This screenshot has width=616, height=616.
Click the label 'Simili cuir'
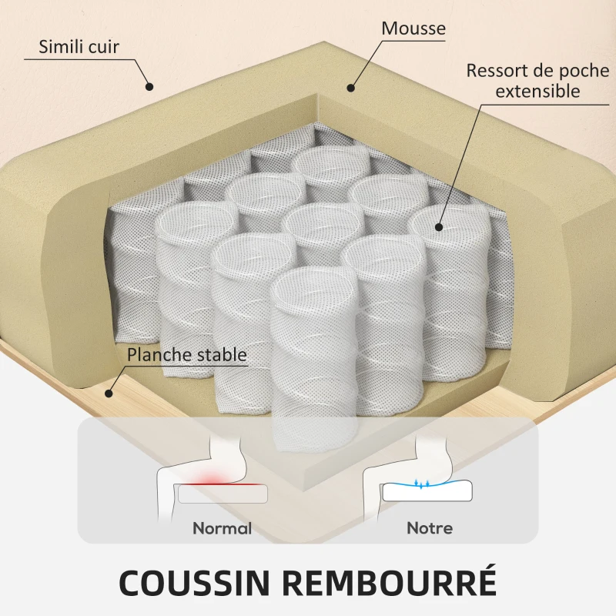click(79, 46)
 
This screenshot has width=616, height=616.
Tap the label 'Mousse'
click(413, 28)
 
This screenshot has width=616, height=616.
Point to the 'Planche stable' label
click(187, 355)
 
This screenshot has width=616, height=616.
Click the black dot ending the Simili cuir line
click(150, 86)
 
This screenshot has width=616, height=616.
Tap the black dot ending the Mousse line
click(352, 86)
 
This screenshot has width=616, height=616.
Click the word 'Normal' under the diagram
click(222, 529)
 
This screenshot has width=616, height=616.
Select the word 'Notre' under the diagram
click(430, 529)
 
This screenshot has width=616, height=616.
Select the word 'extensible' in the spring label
click(537, 92)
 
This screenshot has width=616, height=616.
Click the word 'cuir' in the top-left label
click(104, 46)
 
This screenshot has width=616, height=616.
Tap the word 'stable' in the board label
click(220, 355)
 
